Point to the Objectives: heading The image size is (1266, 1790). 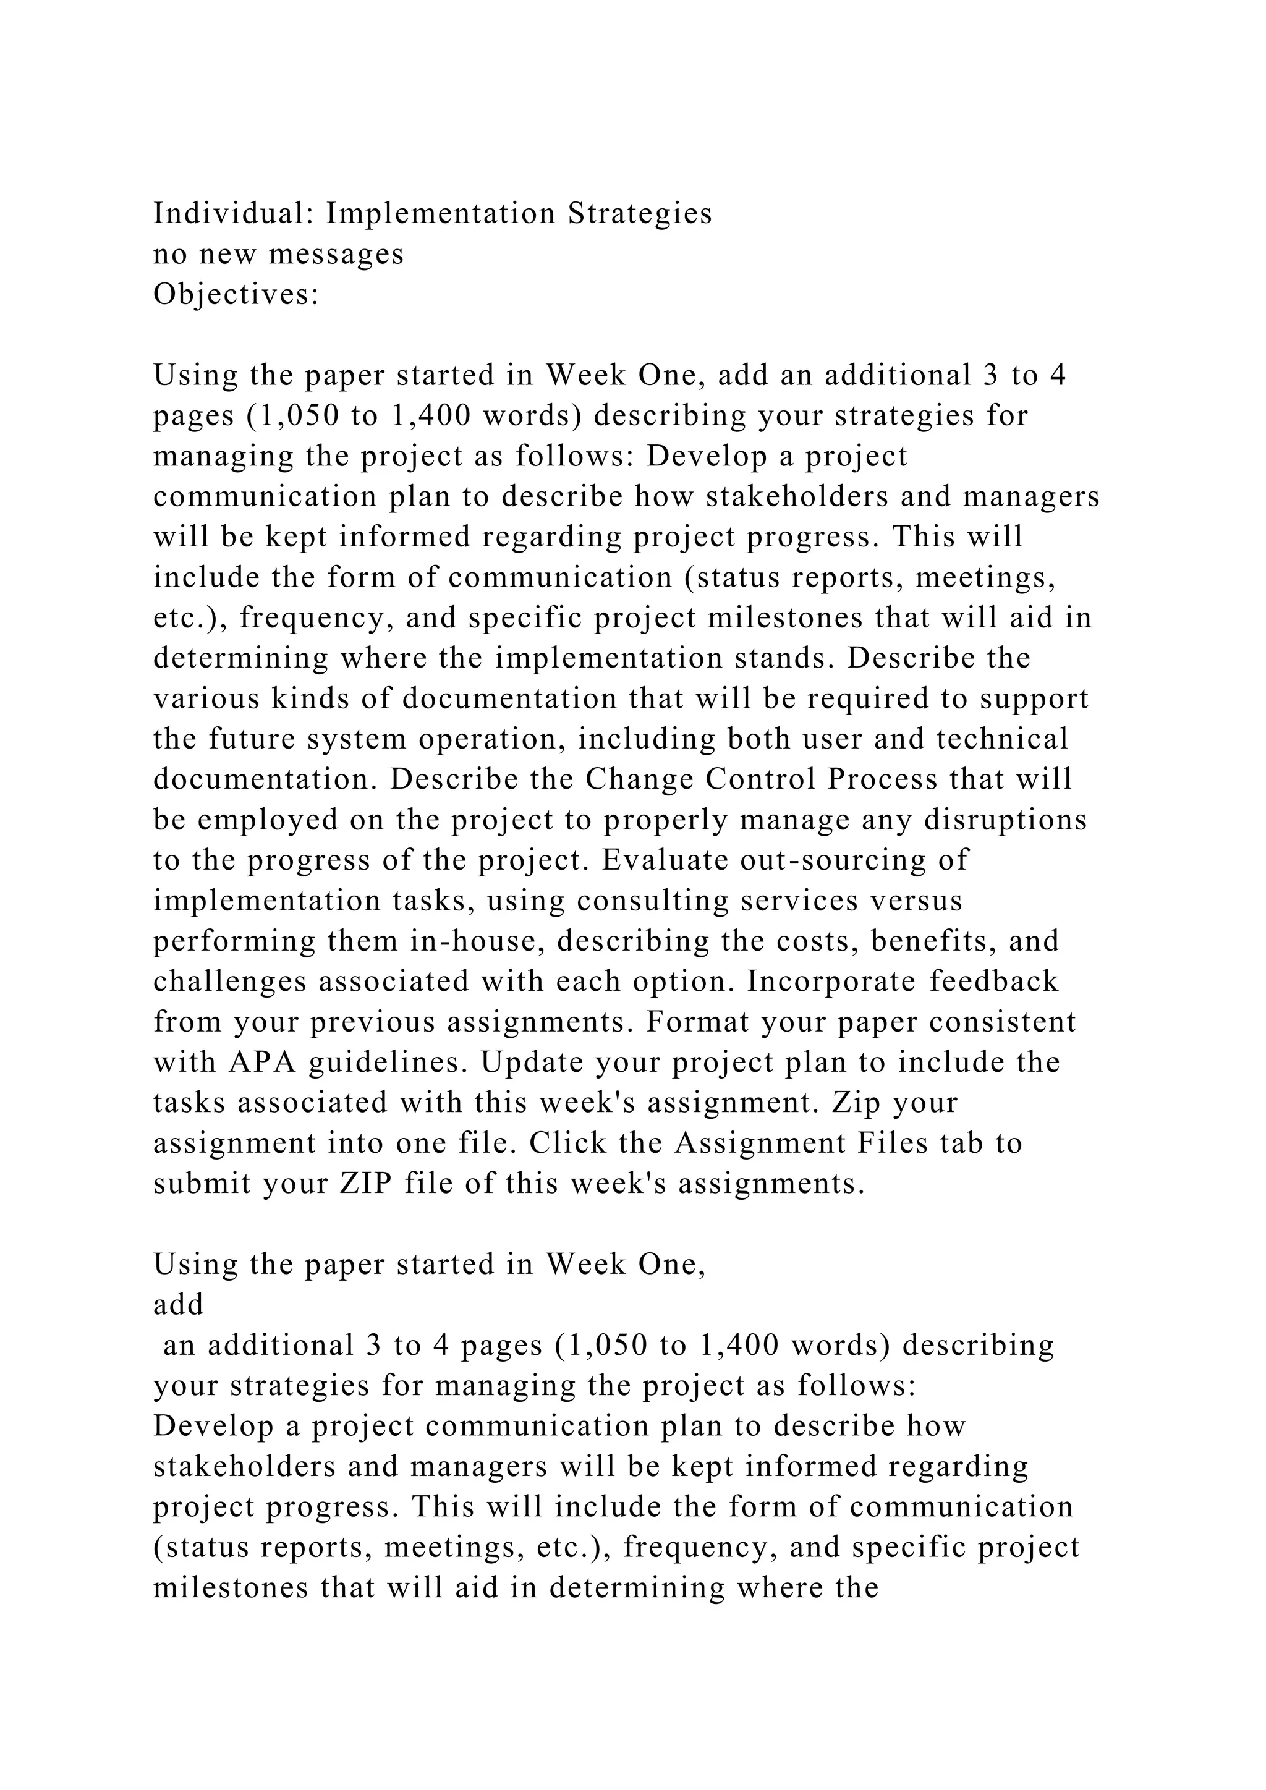(x=236, y=295)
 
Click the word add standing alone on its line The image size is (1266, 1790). (x=179, y=1305)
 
